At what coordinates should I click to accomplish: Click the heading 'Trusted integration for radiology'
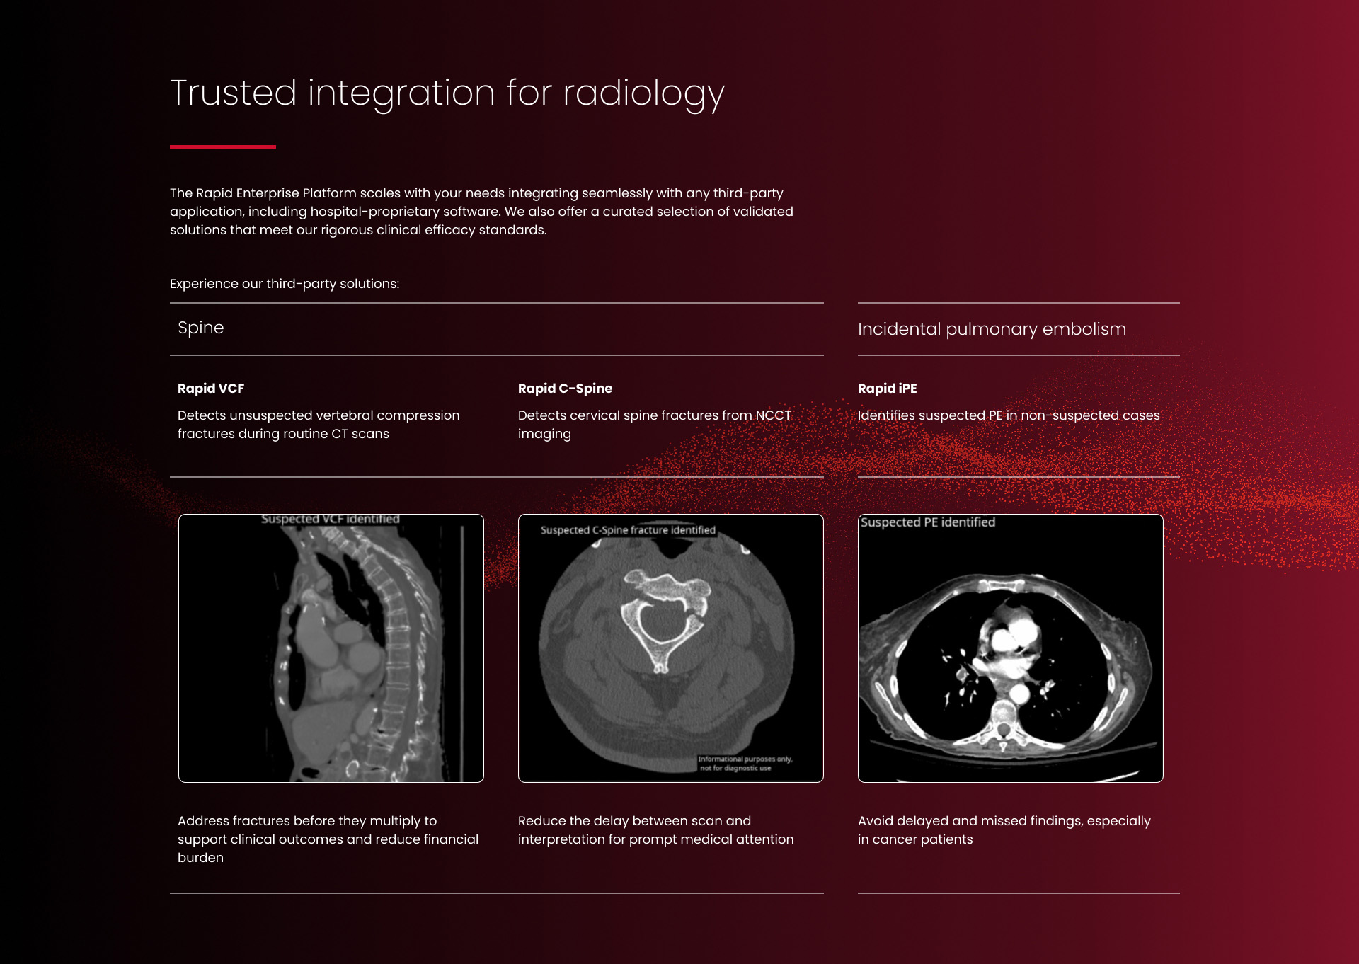[x=447, y=93]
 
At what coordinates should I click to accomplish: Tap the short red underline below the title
[x=223, y=147]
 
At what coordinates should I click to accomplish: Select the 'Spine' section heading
[x=201, y=328]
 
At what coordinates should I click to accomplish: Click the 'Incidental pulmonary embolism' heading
[x=992, y=329]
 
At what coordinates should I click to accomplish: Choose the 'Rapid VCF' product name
[x=211, y=389]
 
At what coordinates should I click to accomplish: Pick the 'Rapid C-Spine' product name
[x=565, y=389]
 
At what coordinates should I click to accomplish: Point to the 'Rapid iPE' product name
[x=887, y=389]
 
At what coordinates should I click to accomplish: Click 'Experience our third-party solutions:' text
[x=285, y=284]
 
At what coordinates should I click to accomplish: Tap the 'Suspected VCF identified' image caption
[x=331, y=519]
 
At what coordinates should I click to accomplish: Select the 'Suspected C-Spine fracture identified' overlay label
[x=628, y=530]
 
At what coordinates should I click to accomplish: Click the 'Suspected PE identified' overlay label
[x=928, y=522]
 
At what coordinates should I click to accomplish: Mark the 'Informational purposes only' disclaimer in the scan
[x=745, y=763]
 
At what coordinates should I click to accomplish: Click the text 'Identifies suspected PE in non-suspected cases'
[x=1009, y=415]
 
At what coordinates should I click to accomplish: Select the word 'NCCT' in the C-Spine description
[x=773, y=415]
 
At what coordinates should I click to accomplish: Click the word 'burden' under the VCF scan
[x=200, y=858]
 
